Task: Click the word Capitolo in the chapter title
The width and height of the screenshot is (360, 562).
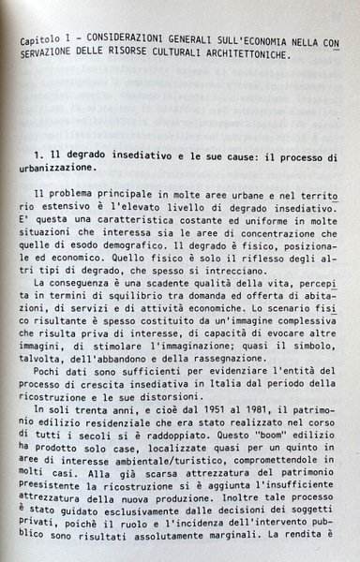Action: pos(43,41)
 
